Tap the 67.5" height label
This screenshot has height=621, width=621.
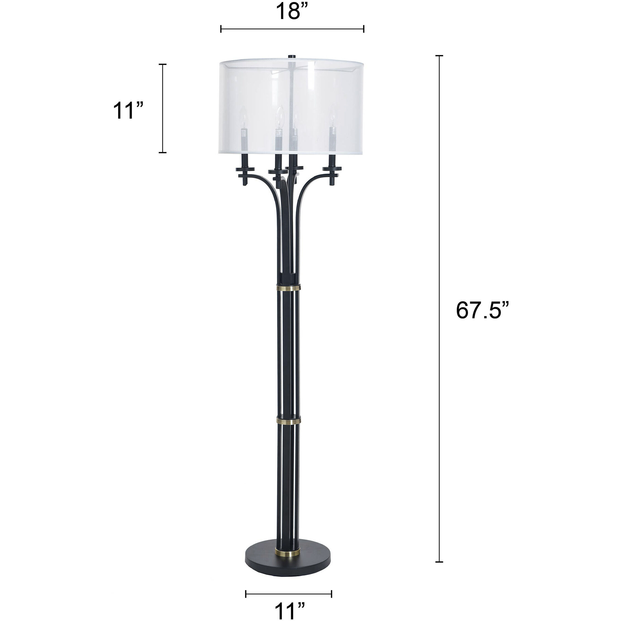tap(482, 310)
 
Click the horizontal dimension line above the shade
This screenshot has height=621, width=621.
tap(292, 29)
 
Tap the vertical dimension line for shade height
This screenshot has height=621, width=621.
tap(163, 108)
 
